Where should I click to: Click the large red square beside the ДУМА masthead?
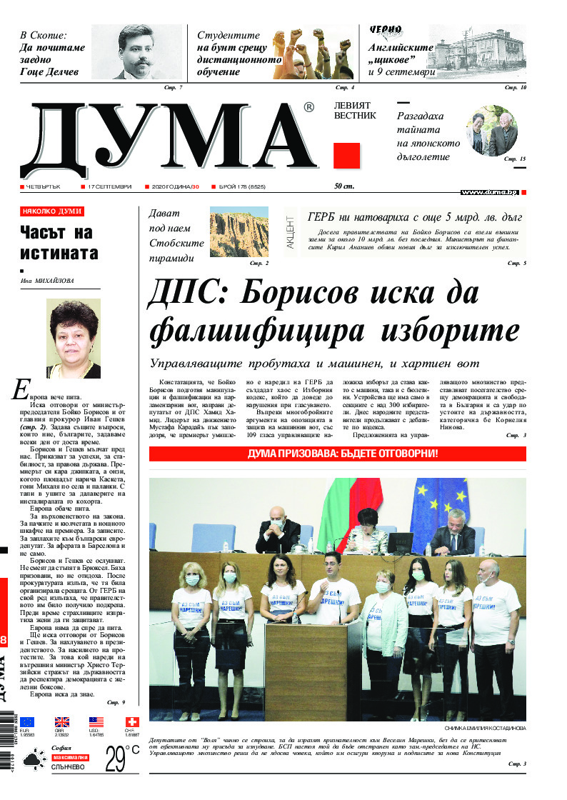[347, 156]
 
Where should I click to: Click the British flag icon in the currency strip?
[62, 722]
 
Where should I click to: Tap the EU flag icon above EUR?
[27, 722]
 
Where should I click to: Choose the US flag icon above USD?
[96, 722]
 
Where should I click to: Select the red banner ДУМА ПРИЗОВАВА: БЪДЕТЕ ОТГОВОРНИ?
[337, 454]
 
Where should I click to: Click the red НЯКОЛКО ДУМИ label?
[52, 211]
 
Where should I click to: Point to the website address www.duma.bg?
[489, 192]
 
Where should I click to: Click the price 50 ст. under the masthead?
[345, 187]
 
